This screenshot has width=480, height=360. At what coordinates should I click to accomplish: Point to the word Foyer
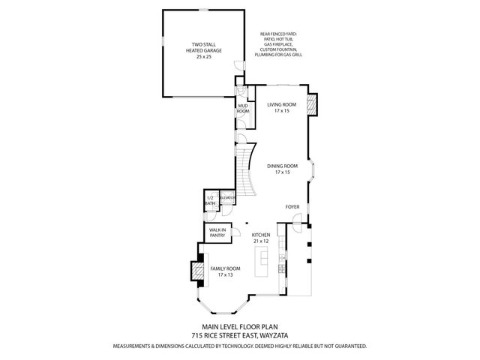(292, 206)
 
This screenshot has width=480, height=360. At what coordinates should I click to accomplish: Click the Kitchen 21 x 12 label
(260, 237)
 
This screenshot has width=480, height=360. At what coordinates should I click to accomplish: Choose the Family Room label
(225, 271)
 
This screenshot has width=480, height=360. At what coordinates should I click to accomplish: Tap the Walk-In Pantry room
(217, 232)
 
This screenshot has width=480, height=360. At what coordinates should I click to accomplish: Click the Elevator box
(228, 199)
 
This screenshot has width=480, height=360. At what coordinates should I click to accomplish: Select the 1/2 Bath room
(210, 200)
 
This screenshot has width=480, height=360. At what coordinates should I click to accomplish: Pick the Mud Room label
(243, 109)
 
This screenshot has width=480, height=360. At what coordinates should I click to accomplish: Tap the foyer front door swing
(298, 220)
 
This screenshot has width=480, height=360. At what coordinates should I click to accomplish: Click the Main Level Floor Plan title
(240, 328)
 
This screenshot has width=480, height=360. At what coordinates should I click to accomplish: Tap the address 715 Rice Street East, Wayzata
(240, 336)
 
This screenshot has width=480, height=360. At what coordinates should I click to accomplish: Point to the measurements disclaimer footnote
(240, 346)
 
